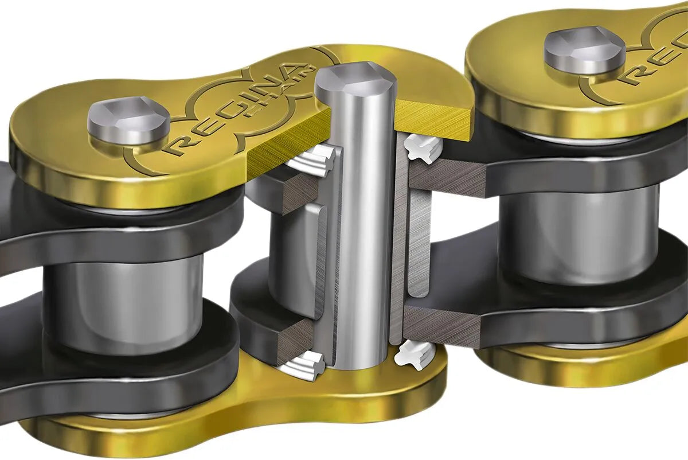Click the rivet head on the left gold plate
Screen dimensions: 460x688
[128, 122]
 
